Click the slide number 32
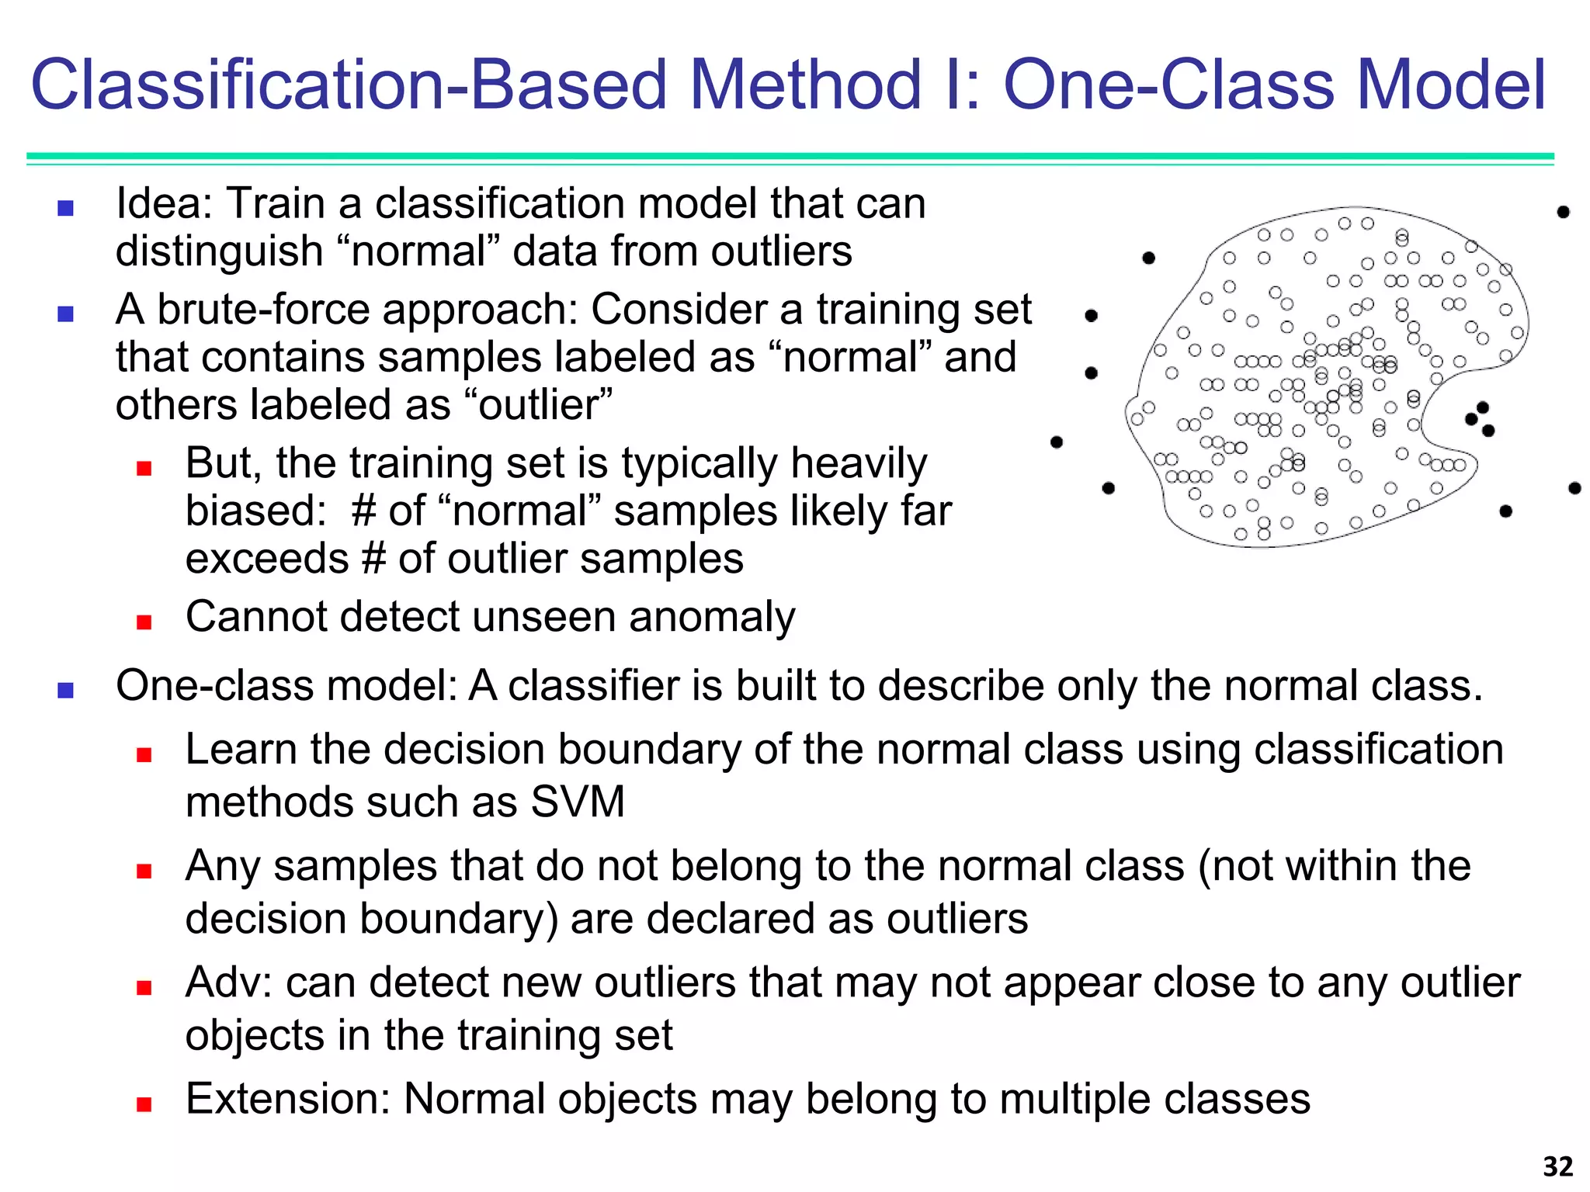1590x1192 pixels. [x=1557, y=1166]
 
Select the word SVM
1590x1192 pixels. [x=578, y=802]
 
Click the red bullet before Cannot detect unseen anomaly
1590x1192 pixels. [x=144, y=622]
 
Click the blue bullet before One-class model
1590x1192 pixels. [x=66, y=690]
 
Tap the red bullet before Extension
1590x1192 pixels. [x=144, y=1104]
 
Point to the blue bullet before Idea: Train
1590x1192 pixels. [x=66, y=208]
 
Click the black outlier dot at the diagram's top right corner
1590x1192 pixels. [x=1564, y=212]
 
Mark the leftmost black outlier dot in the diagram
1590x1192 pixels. [x=1056, y=442]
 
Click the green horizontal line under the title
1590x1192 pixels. [x=790, y=157]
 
